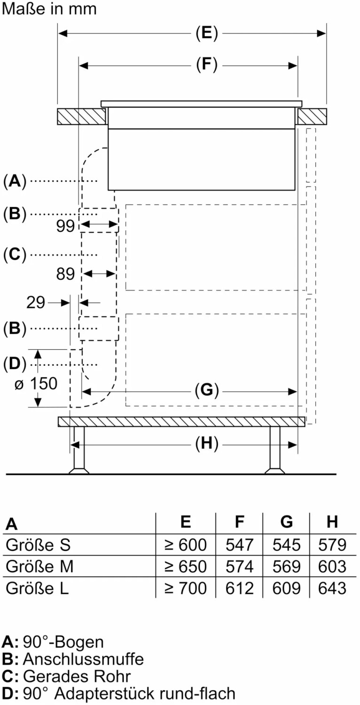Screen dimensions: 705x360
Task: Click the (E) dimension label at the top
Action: point(207,33)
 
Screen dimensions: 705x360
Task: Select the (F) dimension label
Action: point(207,65)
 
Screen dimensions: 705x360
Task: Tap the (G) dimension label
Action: point(207,390)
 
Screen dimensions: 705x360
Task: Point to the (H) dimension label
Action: point(207,443)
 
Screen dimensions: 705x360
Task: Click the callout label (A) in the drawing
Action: point(14,181)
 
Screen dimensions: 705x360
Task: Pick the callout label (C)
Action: point(14,254)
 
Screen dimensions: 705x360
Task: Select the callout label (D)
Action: point(14,364)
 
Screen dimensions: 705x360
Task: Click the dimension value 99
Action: point(65,226)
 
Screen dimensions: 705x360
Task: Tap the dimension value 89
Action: point(65,274)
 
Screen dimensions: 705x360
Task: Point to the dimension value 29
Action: point(35,303)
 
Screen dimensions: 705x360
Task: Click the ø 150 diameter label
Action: point(36,384)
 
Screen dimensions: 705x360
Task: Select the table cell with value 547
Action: point(240,545)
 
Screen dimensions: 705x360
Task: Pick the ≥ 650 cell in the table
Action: point(186,566)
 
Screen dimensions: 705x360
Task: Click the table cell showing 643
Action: point(332,588)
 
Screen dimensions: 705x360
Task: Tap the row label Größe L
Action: point(37,588)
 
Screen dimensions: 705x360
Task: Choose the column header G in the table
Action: point(286,522)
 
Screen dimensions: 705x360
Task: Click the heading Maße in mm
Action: point(49,9)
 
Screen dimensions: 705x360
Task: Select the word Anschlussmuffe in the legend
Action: point(83,659)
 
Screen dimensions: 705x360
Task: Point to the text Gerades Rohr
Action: point(77,676)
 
